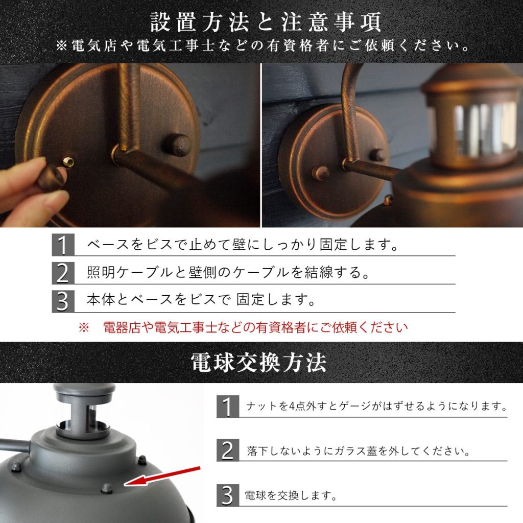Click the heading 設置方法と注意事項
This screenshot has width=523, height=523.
(266, 22)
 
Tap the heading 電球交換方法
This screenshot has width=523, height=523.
(258, 363)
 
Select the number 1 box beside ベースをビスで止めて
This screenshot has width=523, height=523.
(63, 245)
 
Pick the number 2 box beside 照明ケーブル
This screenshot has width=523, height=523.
(63, 273)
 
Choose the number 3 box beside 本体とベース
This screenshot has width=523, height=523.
(63, 301)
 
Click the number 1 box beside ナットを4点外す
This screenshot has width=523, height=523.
(227, 406)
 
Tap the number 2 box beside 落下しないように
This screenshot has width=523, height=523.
(227, 450)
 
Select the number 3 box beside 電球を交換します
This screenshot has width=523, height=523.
(227, 495)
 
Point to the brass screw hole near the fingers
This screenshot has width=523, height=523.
(69, 162)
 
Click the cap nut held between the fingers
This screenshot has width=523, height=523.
(51, 178)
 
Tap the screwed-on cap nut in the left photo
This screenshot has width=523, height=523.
(177, 145)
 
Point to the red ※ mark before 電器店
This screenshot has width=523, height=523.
(84, 327)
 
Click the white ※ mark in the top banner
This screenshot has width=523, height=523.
(61, 45)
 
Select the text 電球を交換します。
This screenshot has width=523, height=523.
(291, 495)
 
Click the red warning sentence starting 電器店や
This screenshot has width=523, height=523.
(255, 327)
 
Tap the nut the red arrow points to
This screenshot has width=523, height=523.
(106, 488)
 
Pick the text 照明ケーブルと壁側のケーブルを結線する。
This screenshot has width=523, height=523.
(228, 273)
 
